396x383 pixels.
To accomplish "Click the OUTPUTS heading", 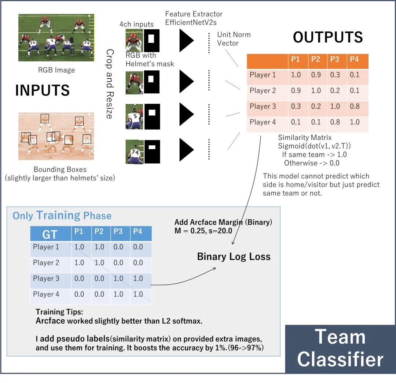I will click(x=328, y=37).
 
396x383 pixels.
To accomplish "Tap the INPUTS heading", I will click(x=42, y=90).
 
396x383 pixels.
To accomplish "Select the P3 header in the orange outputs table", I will click(x=335, y=59).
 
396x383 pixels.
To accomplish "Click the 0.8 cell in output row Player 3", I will click(x=355, y=106).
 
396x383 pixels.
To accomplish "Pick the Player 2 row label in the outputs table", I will click(x=263, y=90).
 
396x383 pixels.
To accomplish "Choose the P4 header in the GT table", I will click(x=137, y=231).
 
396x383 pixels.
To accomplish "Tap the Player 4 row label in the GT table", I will click(x=46, y=294).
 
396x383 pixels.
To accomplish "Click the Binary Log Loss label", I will click(x=234, y=256).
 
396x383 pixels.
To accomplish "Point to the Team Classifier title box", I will click(x=340, y=348).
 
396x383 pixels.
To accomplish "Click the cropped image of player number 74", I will click(x=134, y=152).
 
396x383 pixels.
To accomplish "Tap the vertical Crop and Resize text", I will click(x=109, y=84).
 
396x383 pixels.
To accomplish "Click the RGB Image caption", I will click(x=56, y=70).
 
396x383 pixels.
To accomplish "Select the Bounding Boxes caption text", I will click(x=60, y=170).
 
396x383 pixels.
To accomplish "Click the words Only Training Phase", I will click(x=62, y=215).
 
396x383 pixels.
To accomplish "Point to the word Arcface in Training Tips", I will click(x=50, y=321).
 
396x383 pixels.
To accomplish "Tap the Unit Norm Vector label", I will click(x=234, y=39).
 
